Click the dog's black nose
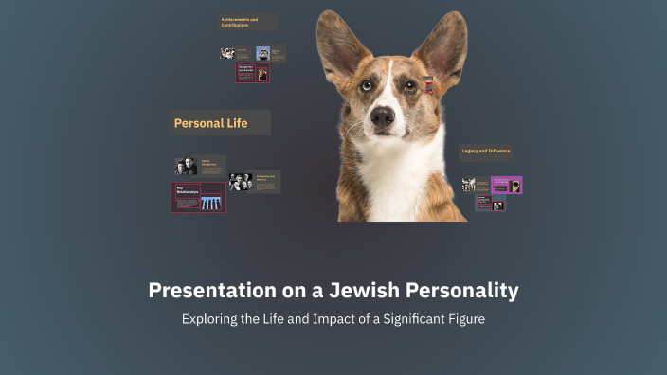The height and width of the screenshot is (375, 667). [383, 118]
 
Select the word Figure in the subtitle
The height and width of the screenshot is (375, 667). [465, 319]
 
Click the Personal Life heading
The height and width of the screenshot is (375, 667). [210, 123]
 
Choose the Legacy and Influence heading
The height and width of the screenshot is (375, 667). [485, 151]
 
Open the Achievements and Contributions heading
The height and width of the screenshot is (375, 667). [244, 22]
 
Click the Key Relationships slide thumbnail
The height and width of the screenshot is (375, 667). [198, 197]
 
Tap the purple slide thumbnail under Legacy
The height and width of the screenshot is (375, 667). [506, 185]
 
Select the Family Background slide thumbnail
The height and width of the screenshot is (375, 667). [199, 166]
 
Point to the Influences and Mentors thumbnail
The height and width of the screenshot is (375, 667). [254, 181]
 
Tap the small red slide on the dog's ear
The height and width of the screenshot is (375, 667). [428, 86]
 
